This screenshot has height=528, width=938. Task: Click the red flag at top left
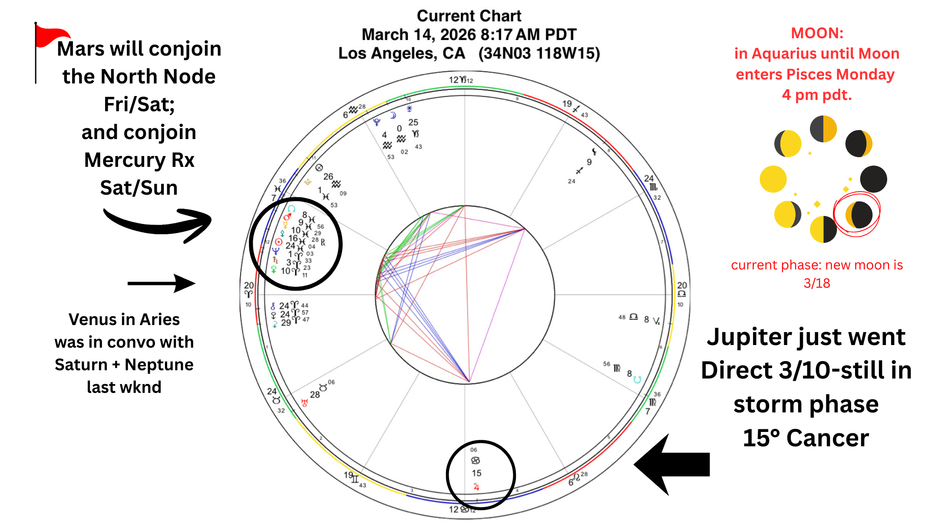pos(51,36)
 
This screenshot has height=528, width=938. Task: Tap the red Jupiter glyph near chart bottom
pos(476,487)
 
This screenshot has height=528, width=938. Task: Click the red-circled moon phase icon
pos(858,215)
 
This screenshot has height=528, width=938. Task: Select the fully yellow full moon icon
pos(773,179)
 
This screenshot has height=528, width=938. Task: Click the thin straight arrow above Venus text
pos(161,283)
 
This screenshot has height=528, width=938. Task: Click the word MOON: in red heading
pos(817,33)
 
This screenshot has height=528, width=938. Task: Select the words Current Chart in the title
pos(469,16)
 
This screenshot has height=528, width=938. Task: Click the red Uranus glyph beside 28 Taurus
pos(304,403)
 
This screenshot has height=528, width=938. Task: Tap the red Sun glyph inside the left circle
pos(279,242)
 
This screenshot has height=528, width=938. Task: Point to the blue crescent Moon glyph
pos(393,115)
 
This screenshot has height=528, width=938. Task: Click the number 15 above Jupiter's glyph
pos(476,473)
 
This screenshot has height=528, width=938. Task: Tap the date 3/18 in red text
pos(816,283)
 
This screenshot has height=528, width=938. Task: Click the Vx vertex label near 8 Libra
pos(656,321)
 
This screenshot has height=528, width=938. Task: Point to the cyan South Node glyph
pos(637,379)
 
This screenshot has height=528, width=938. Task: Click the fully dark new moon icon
pos(873,179)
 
